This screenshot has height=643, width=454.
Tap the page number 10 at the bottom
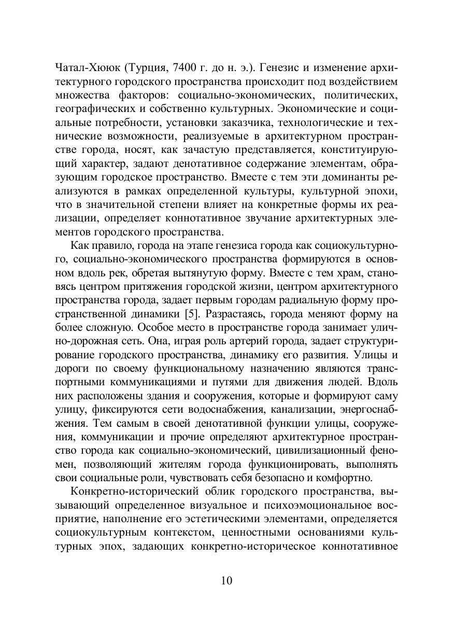tap(226, 580)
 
